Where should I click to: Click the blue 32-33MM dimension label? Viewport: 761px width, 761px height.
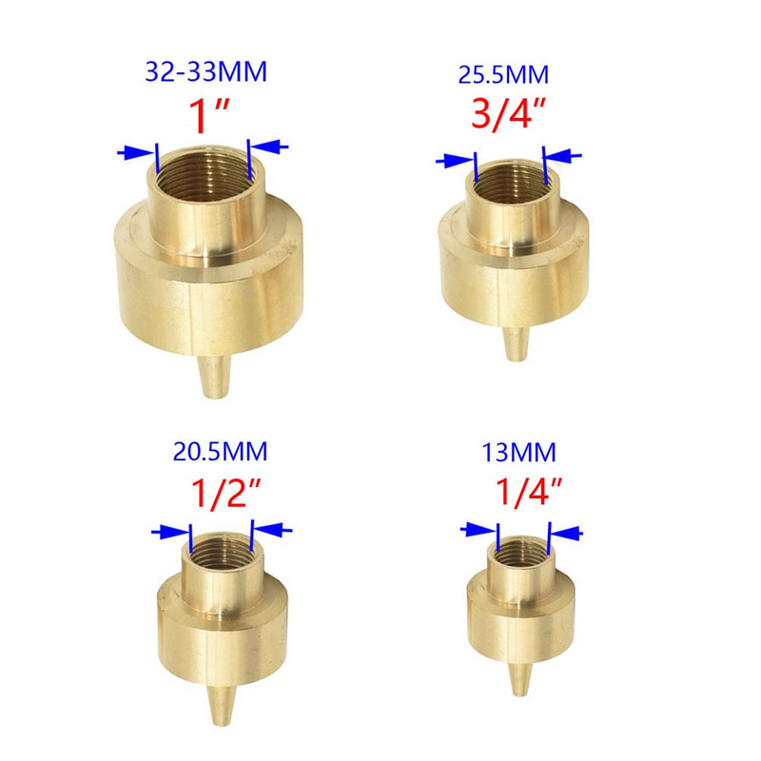[x=205, y=71]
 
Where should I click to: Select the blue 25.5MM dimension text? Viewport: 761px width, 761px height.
[x=503, y=75]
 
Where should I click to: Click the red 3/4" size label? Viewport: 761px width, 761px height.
[x=508, y=114]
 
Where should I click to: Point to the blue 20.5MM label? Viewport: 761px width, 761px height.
[x=220, y=451]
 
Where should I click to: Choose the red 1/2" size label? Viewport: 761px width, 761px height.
[x=226, y=493]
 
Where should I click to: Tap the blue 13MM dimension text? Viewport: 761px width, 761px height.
[x=518, y=453]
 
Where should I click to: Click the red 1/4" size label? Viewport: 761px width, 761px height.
[x=529, y=492]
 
